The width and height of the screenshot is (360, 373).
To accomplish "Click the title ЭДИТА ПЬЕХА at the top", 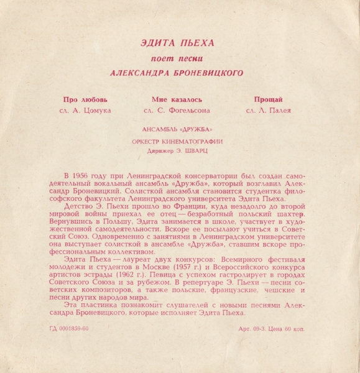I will pyautogui.click(x=179, y=43).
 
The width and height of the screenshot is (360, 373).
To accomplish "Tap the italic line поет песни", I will pyautogui.click(x=179, y=58).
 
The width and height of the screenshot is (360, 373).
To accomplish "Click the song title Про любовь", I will pyautogui.click(x=85, y=99).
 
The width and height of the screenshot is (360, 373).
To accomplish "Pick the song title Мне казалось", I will pyautogui.click(x=177, y=99).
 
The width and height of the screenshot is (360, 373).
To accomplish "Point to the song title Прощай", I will pyautogui.click(x=269, y=99).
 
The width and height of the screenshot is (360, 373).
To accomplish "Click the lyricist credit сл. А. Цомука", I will pyautogui.click(x=83, y=111).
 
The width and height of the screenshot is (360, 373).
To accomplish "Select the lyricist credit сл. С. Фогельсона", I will pyautogui.click(x=177, y=111).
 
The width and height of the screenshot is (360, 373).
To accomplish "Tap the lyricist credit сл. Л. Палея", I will pyautogui.click(x=269, y=111).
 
